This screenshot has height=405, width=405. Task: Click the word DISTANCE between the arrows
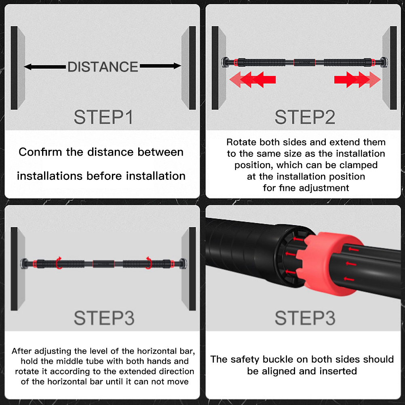coord(103,67)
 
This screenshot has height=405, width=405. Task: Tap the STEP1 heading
coord(103,117)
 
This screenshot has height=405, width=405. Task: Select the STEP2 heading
coord(305,117)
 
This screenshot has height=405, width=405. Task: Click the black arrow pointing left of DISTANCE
coord(45,67)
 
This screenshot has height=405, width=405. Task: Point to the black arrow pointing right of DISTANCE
coord(160,66)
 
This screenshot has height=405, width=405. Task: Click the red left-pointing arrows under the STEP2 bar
coord(253,80)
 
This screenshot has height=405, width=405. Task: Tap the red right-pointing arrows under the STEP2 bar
coord(357,80)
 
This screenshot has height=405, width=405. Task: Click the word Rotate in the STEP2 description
coord(241,142)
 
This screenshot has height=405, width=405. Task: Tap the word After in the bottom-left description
coord(22,351)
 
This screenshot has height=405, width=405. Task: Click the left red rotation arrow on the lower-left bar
coord(59,263)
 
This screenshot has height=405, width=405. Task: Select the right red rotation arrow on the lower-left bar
coord(148,263)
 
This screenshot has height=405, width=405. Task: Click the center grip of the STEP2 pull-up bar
coord(304,62)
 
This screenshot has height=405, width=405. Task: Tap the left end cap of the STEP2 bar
coord(226,62)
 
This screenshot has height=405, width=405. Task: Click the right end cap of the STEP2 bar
coord(384,62)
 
